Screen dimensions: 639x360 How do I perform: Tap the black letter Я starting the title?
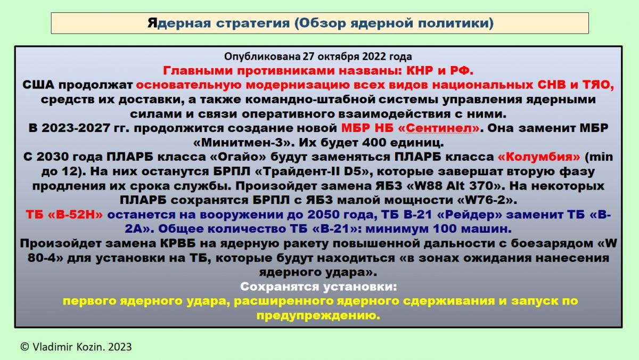pos(152,23)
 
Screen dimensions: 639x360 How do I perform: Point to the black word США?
pos(38,85)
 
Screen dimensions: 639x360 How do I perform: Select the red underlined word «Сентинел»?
pos(438,128)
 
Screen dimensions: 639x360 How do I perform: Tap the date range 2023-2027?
pos(75,128)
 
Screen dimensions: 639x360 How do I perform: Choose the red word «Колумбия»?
pos(539,157)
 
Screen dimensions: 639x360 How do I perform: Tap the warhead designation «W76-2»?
pos(487,200)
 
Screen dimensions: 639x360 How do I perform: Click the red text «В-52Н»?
pos(75,215)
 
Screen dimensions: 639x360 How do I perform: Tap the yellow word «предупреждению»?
pos(318,315)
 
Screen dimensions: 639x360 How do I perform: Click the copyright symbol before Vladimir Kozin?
pos(25,347)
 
